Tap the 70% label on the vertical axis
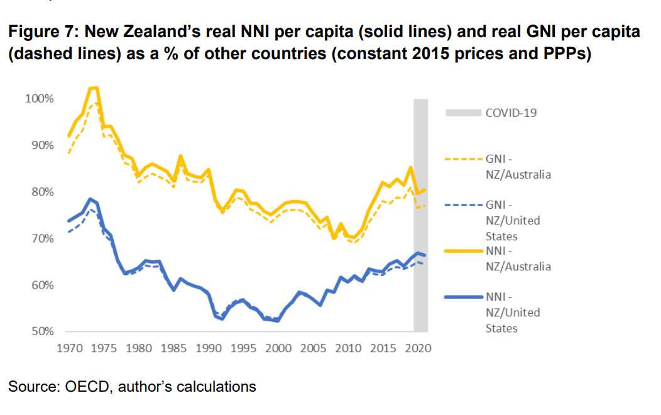tap(42, 239)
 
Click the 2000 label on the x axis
tap(279, 348)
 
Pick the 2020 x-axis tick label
tap(418, 348)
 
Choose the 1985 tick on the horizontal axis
tap(174, 348)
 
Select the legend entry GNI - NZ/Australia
tap(518, 167)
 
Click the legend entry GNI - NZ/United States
tap(512, 221)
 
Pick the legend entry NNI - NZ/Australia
tap(518, 258)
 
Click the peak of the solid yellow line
tap(94, 88)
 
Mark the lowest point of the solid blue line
tap(277, 321)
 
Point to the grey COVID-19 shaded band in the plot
tap(420, 214)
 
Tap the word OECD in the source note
tap(84, 386)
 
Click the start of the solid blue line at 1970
tap(68, 221)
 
